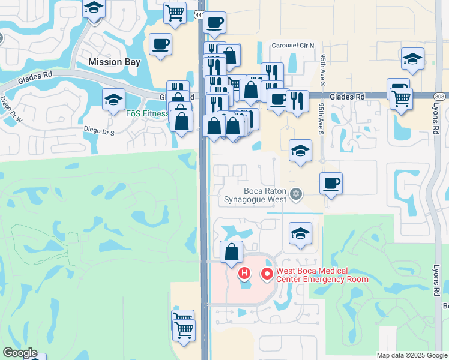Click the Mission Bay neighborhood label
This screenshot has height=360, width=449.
(x=114, y=62)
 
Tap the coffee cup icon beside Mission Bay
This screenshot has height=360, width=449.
(x=160, y=44)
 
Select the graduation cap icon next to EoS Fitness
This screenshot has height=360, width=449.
(x=113, y=100)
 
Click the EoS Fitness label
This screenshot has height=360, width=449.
(x=147, y=113)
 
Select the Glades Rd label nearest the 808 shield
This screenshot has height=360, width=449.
(x=351, y=97)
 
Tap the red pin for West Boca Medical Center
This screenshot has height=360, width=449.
(x=267, y=274)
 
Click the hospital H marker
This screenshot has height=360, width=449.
(x=244, y=274)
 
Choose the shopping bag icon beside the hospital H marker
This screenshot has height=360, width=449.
(x=231, y=253)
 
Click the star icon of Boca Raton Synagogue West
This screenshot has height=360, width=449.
(x=295, y=194)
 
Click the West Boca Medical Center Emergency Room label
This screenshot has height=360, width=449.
(x=322, y=275)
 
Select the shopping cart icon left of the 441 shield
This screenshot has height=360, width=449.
(x=175, y=12)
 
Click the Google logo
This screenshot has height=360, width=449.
(x=19, y=353)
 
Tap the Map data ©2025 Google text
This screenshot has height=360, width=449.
(x=412, y=355)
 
